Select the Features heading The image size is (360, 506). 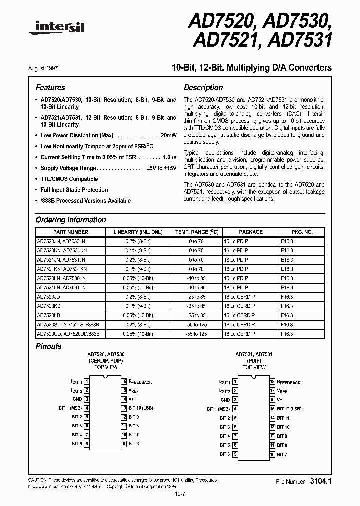point(50,87)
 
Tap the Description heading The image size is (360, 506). point(203,87)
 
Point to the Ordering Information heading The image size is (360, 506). point(71,220)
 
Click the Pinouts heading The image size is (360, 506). point(49,346)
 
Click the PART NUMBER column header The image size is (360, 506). point(70,232)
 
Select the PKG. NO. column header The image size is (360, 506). point(302,232)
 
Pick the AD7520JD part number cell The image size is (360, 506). point(49,296)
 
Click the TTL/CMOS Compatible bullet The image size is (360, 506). point(69,179)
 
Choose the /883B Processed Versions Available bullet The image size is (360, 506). point(85,201)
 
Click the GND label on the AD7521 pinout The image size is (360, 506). point(225,400)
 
